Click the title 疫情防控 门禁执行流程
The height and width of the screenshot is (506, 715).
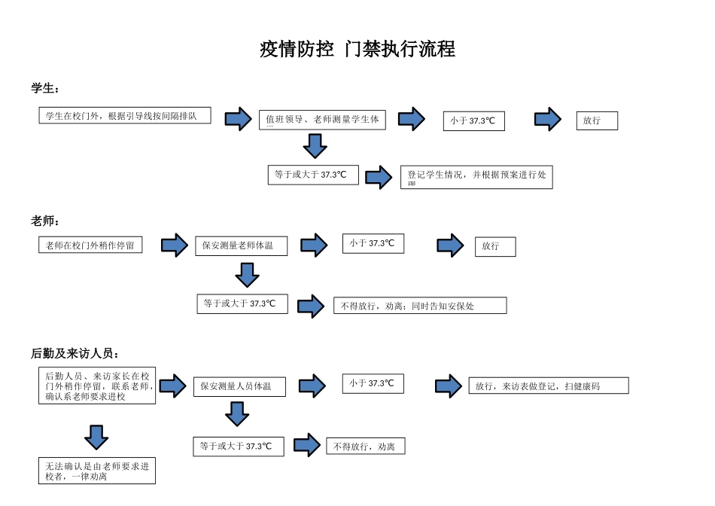(x=357, y=50)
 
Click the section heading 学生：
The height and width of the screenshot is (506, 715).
(x=45, y=89)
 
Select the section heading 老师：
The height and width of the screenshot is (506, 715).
(x=45, y=221)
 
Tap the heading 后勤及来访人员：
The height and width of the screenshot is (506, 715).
(x=75, y=353)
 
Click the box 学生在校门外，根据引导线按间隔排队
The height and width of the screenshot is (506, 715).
(x=125, y=116)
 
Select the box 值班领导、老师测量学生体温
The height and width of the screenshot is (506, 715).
(x=322, y=120)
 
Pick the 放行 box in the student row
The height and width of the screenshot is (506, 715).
(x=597, y=120)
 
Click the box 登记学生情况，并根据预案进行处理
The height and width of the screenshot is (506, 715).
(x=476, y=177)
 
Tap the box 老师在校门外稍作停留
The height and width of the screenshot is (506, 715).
(x=90, y=245)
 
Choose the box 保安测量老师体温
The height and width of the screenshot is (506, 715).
(x=241, y=246)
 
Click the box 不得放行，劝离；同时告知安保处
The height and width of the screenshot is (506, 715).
(x=420, y=306)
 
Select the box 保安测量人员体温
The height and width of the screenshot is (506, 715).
(x=239, y=387)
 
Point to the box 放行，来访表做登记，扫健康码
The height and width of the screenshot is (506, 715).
(x=548, y=386)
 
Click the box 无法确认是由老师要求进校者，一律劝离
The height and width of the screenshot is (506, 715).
(x=97, y=471)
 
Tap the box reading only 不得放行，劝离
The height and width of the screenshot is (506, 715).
(x=365, y=447)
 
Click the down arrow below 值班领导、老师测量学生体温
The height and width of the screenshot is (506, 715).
(x=315, y=145)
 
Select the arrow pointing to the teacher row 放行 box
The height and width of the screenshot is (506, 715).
(x=450, y=245)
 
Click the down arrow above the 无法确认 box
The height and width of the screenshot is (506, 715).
(x=96, y=437)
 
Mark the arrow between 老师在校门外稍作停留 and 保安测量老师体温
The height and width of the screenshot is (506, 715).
(x=174, y=245)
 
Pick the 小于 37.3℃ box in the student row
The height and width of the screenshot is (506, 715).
(x=473, y=120)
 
